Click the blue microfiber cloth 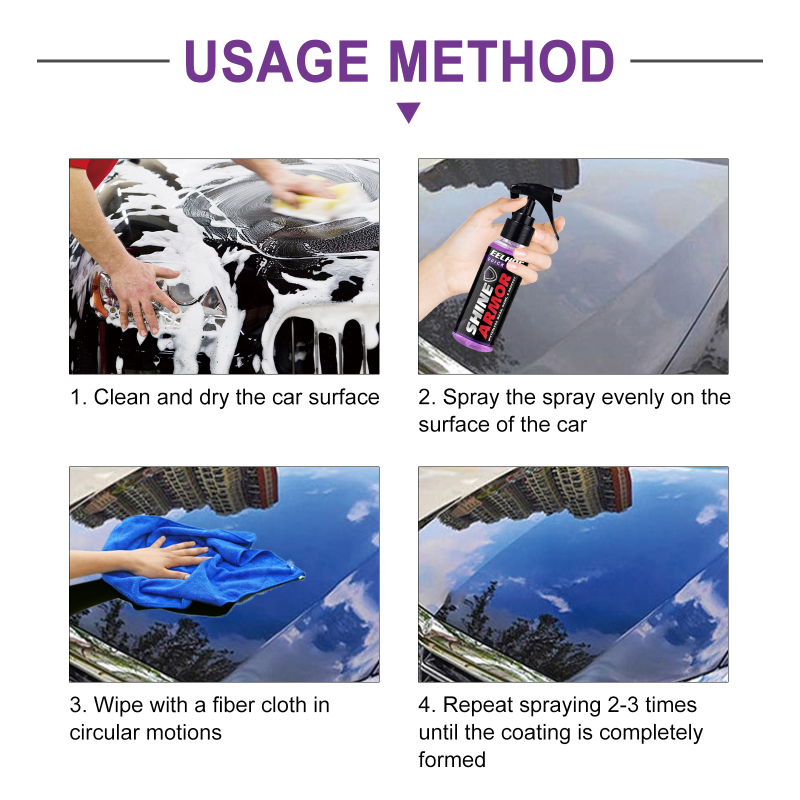click(210, 570)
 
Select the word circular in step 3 click(104, 732)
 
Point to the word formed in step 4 click(452, 760)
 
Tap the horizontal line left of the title click(103, 61)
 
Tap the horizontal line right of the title click(696, 61)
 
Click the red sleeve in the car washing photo click(95, 170)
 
